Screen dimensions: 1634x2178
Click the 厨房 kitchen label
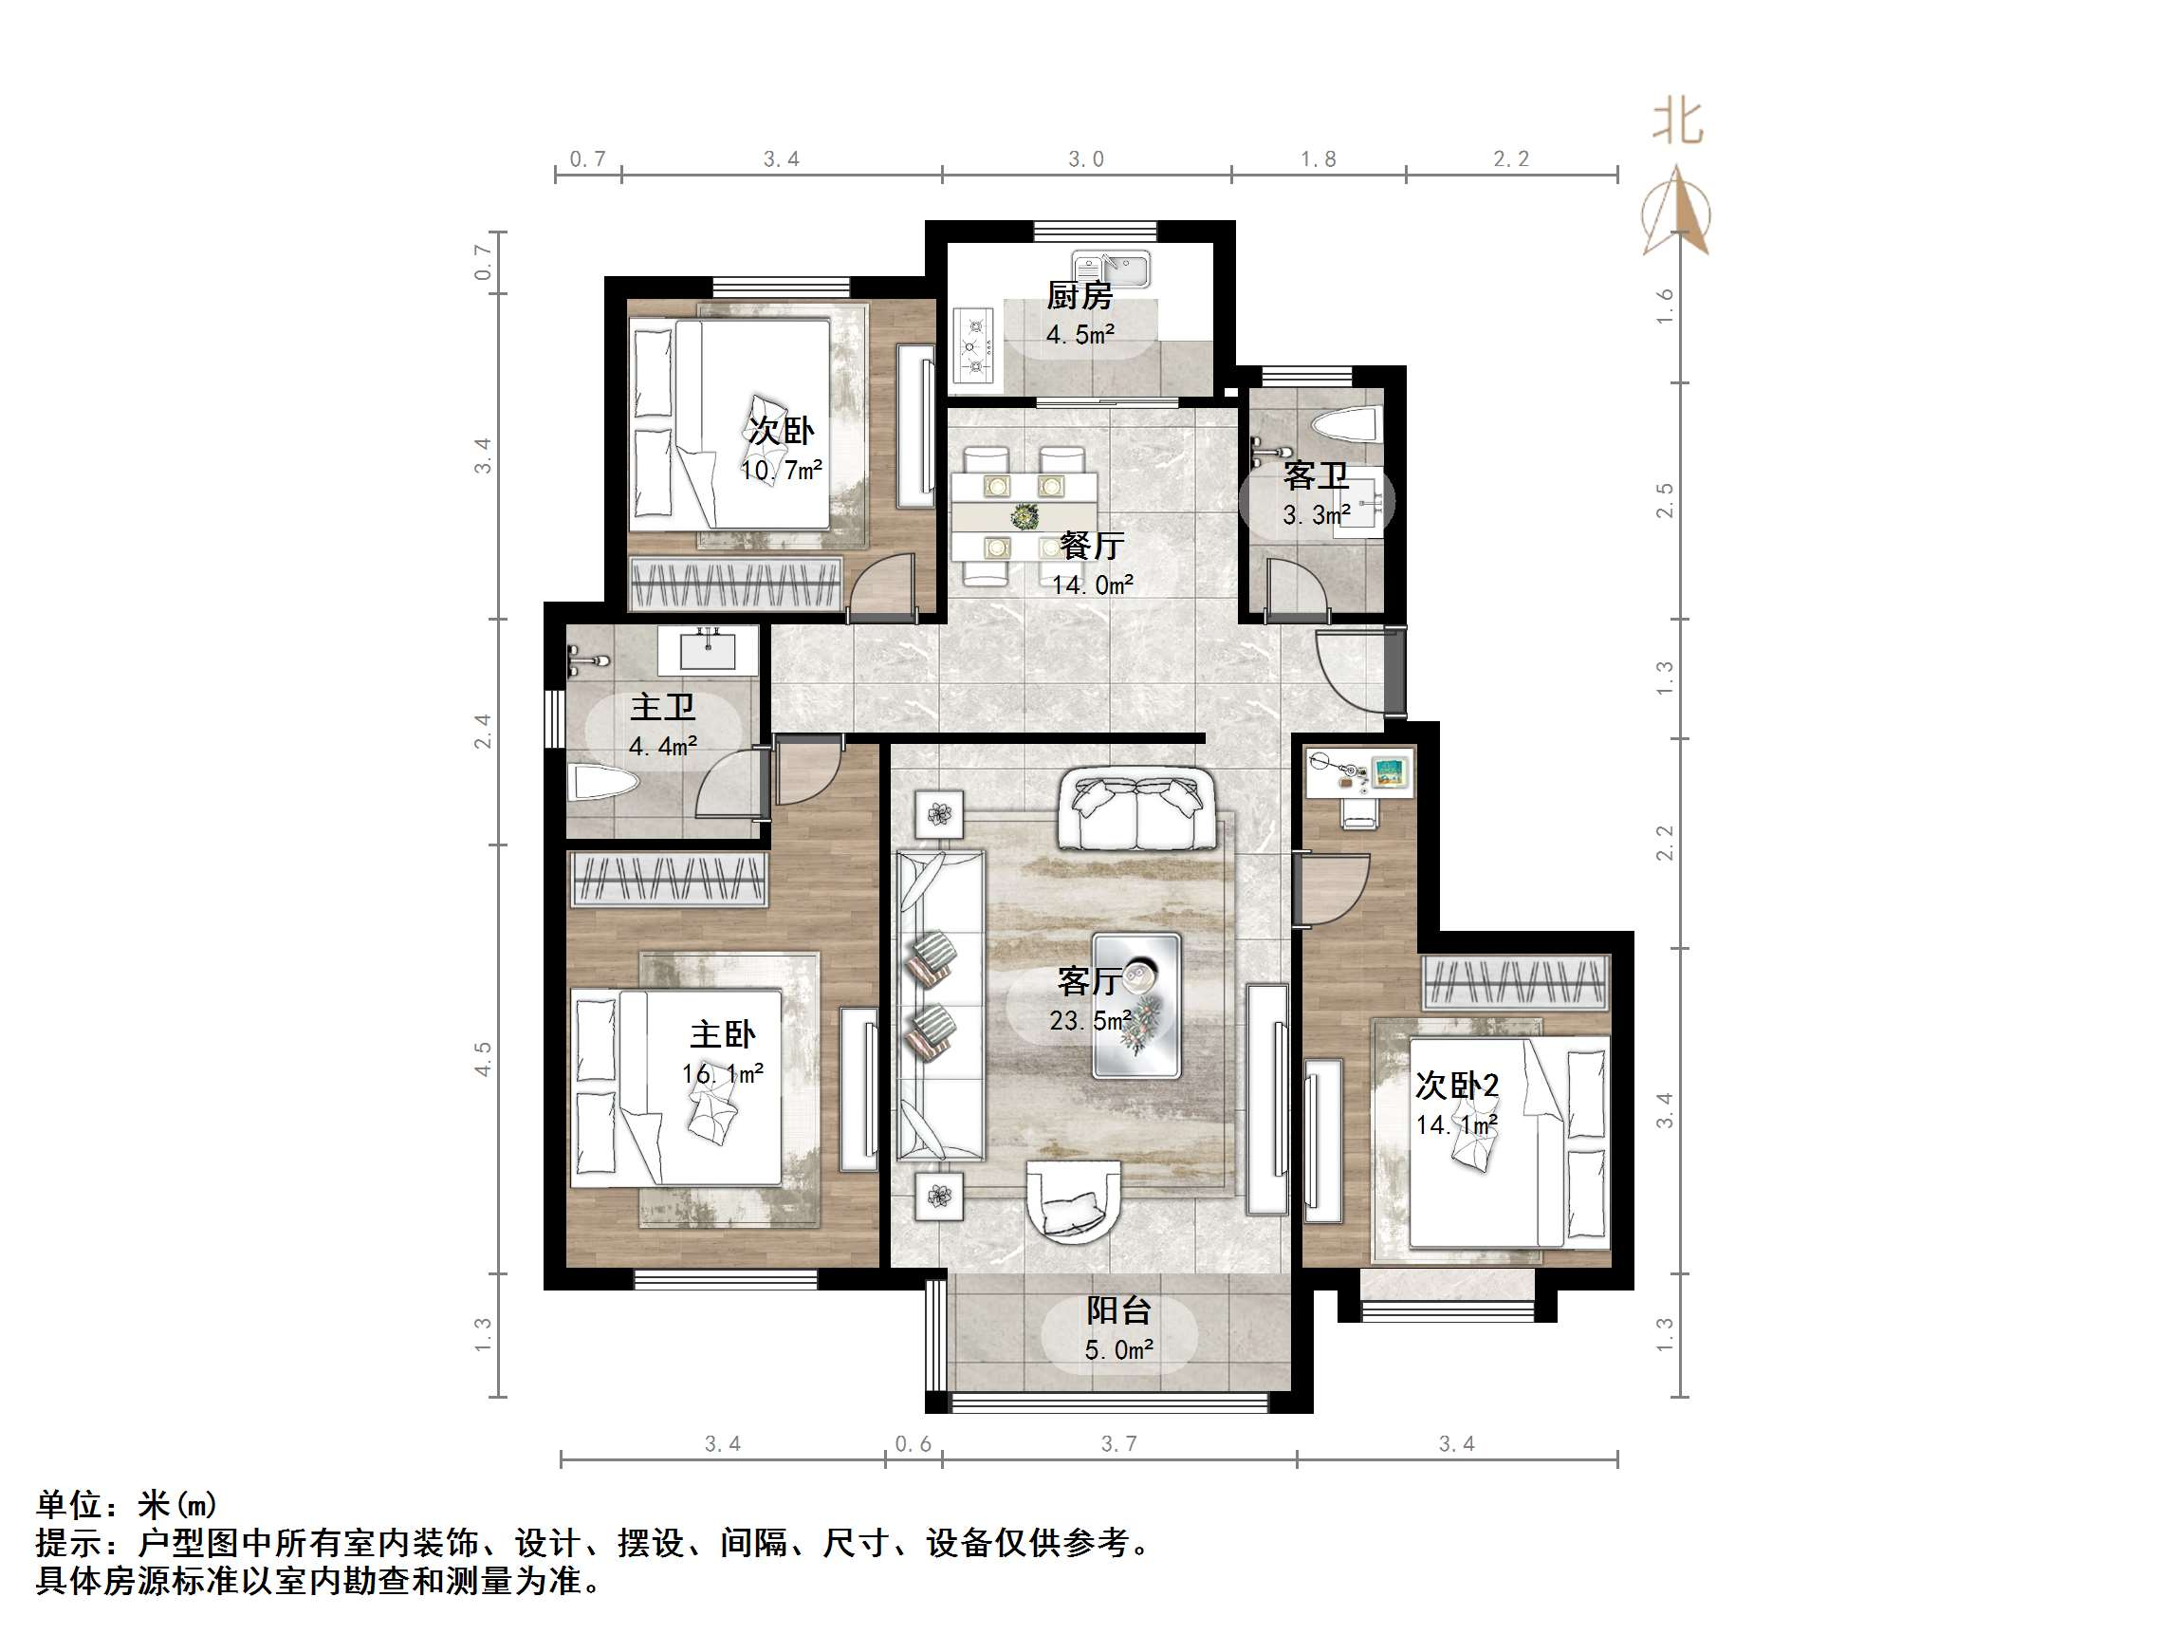tap(1080, 294)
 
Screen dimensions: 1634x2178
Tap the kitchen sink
tap(1112, 269)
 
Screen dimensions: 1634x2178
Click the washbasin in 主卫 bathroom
tap(707, 651)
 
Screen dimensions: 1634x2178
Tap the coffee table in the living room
tap(1137, 1005)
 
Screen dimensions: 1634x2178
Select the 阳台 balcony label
tap(1118, 1310)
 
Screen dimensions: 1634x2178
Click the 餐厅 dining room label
tap(1091, 546)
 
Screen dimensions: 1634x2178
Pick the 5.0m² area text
tap(1118, 1349)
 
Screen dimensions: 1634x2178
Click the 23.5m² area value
tap(1089, 1020)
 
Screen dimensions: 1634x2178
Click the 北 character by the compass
tap(1677, 122)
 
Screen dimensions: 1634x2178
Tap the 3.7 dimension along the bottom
tap(1118, 1444)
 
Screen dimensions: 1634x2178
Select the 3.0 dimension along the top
tap(1086, 159)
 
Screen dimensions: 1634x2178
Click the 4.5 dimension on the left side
tap(483, 1059)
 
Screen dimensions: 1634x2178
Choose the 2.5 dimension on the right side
tap(1664, 500)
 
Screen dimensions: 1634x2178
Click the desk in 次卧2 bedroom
tap(1359, 773)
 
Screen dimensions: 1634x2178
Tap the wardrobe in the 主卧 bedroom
tap(670, 879)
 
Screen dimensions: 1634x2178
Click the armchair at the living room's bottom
tap(1073, 1200)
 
